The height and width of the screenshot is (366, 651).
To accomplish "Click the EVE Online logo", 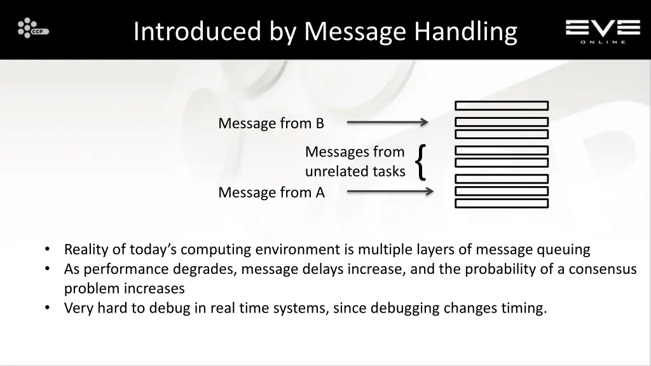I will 603,30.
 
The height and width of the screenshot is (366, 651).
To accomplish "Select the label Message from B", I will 271,123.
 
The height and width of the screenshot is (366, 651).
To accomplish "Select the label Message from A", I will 271,193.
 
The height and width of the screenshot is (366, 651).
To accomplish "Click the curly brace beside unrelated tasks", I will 420,161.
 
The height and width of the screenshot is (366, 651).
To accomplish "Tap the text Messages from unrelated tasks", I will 355,161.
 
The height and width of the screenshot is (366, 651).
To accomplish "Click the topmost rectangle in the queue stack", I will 502,106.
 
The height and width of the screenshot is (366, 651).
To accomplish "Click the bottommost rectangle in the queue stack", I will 502,203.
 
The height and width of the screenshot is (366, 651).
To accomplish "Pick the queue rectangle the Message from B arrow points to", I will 502,122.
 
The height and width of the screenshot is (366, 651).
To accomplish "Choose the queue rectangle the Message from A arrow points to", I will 502,191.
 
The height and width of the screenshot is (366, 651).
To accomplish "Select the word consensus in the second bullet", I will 602,269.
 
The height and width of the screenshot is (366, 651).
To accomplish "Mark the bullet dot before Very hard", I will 48,308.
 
